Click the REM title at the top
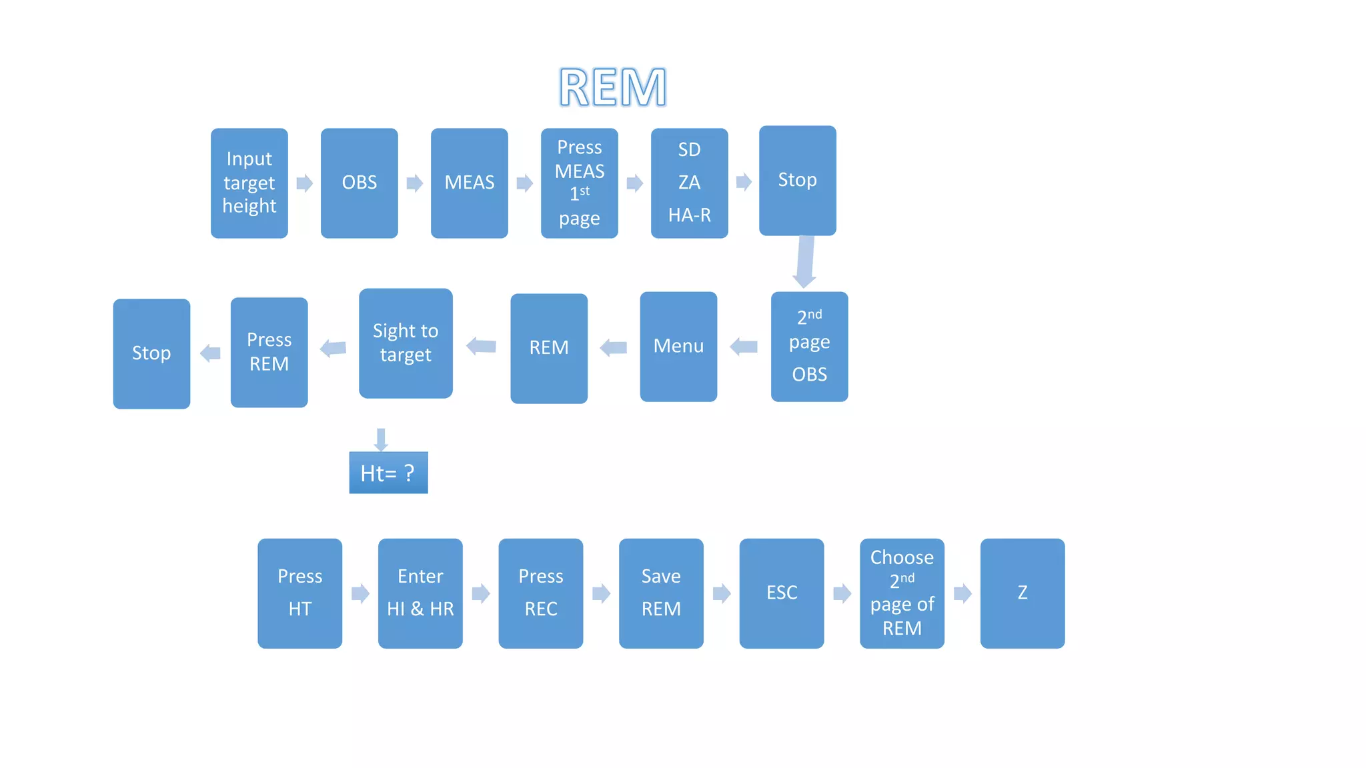tap(612, 87)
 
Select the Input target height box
tap(249, 183)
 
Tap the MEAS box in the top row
tap(469, 183)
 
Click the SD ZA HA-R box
tap(689, 183)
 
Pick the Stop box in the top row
tap(797, 180)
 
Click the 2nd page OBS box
tap(809, 346)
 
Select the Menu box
tap(678, 346)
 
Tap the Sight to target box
tap(406, 343)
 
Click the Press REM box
tap(269, 352)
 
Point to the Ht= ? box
tap(388, 473)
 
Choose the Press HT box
tap(299, 593)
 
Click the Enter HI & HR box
tap(420, 593)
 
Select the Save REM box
tap(661, 593)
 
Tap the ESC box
tap(781, 593)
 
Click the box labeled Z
tap(1022, 593)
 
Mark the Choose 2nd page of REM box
tap(902, 593)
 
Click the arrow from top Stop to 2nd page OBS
tap(805, 262)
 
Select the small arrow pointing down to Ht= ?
tap(381, 439)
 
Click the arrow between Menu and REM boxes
tap(614, 347)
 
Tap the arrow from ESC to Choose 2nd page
tap(842, 593)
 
